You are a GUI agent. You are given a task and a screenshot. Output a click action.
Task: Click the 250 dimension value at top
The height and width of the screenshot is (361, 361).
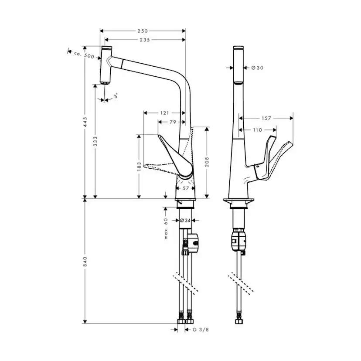point(143,31)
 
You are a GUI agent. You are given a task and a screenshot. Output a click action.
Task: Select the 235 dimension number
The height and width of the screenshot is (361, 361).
point(145,40)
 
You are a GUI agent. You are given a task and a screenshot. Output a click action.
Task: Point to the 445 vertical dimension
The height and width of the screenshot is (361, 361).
point(86,122)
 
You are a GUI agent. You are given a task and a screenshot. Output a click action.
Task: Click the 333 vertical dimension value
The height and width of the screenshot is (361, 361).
point(96,141)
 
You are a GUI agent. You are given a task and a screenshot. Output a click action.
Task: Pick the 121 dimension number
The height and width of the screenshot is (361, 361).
point(164,113)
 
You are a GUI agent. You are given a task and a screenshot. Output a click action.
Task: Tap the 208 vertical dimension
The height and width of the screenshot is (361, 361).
point(207,162)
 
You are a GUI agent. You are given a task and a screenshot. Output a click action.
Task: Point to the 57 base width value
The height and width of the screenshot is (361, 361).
point(186,189)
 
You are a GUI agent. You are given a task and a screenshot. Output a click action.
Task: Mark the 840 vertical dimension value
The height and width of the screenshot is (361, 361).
point(86,261)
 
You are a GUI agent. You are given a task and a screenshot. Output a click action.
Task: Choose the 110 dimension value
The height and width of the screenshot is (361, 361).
point(257,130)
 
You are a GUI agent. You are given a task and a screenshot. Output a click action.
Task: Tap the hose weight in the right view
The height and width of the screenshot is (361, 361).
point(238,241)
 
